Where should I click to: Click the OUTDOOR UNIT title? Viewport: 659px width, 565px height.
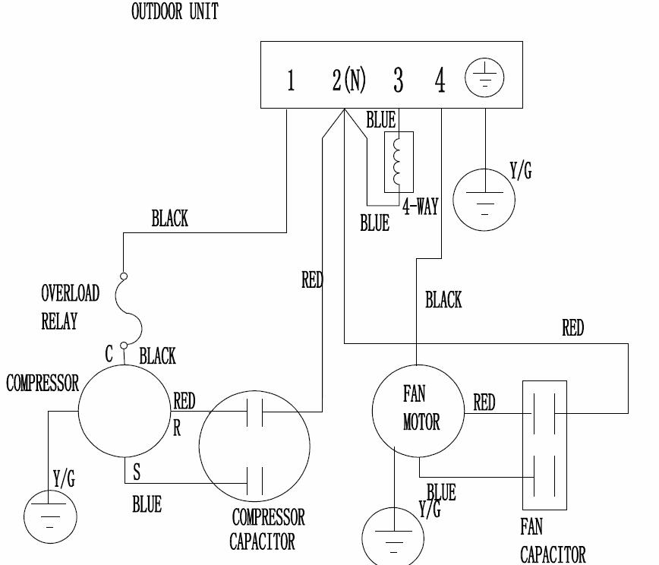pos(175,12)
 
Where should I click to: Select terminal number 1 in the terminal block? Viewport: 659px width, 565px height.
pos(291,80)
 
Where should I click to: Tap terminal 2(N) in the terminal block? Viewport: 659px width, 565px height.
pos(348,80)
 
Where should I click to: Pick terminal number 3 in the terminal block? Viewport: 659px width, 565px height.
pos(398,80)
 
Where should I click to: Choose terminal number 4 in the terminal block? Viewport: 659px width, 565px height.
pos(440,80)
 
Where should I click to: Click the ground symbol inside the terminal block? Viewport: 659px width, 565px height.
pos(484,78)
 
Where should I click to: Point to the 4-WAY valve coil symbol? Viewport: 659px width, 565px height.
pos(399,161)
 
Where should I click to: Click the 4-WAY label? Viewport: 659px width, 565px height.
pos(420,207)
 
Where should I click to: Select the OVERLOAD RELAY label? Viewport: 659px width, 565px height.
pos(70,307)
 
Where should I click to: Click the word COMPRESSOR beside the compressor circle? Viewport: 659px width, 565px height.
pos(43,383)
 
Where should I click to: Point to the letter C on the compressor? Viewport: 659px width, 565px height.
pos(109,353)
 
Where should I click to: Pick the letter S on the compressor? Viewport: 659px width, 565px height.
pos(137,472)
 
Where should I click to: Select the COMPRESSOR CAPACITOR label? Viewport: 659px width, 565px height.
pos(267,529)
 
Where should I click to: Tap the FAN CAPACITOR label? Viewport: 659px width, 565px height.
pos(553,540)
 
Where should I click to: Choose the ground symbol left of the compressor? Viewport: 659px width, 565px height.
pos(51,516)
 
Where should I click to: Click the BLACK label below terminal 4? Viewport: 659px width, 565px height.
pos(443,300)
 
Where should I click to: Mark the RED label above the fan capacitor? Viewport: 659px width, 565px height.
pos(573,327)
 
